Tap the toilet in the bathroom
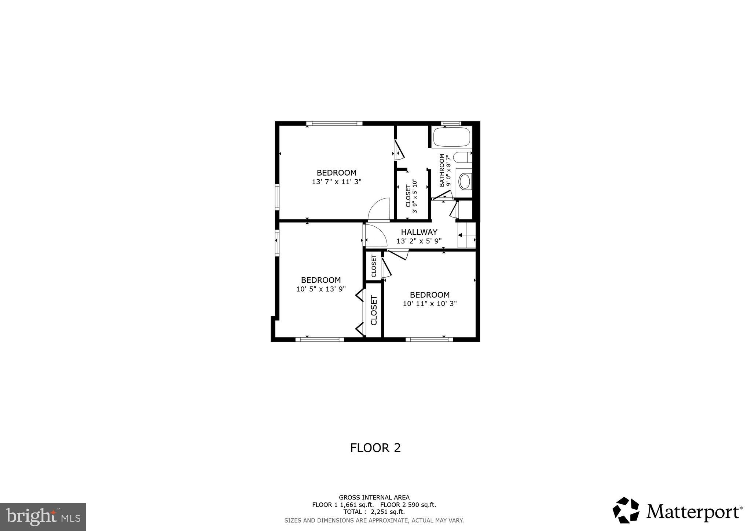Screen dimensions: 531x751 [x=462, y=158]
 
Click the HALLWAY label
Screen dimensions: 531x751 [x=419, y=232]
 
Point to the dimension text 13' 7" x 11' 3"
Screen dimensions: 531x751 [x=337, y=182]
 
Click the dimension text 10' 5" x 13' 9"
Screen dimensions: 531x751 [x=321, y=289]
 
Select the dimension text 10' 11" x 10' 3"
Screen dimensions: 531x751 [x=429, y=304]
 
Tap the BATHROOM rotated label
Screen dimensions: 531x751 [x=442, y=171]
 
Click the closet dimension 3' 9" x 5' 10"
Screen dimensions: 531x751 [x=415, y=196]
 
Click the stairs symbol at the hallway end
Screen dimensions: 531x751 [x=466, y=235]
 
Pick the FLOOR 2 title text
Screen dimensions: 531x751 [x=375, y=448]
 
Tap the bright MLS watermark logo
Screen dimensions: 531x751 [x=43, y=517]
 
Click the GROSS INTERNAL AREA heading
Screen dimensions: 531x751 [x=374, y=498]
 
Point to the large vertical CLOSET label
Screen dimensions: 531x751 [x=374, y=310]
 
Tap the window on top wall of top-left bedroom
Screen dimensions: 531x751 [x=334, y=124]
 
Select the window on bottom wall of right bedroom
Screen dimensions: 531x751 [x=429, y=340]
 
